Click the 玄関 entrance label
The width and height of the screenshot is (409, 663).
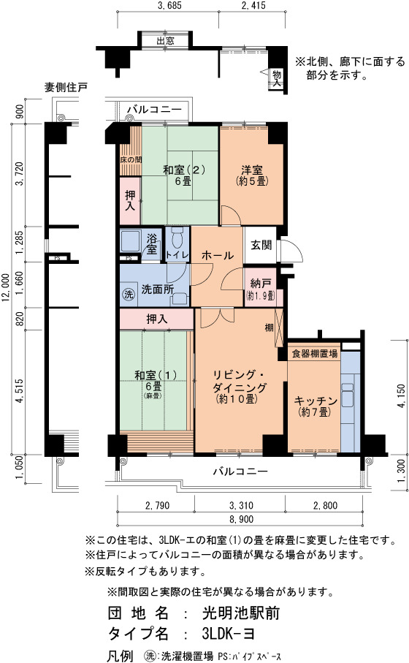pyautogui.click(x=261, y=245)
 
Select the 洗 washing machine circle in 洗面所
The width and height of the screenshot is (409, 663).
pyautogui.click(x=128, y=293)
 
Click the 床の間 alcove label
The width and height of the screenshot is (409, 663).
pyautogui.click(x=131, y=160)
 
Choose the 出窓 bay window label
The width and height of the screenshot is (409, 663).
pyautogui.click(x=165, y=41)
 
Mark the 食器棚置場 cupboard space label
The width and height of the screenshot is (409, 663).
pyautogui.click(x=315, y=354)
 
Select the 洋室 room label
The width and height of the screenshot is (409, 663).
pyautogui.click(x=252, y=170)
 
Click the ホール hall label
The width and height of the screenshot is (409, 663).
pyautogui.click(x=217, y=255)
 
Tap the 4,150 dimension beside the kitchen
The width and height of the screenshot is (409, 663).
pyautogui.click(x=402, y=396)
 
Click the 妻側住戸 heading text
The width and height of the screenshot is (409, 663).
pyautogui.click(x=66, y=87)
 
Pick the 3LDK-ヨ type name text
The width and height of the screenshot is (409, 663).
pyautogui.click(x=229, y=633)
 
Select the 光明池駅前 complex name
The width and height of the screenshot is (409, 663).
pyautogui.click(x=241, y=613)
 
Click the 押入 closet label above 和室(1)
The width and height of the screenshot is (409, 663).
pyautogui.click(x=157, y=319)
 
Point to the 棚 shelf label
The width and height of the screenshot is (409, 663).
pyautogui.click(x=270, y=327)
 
